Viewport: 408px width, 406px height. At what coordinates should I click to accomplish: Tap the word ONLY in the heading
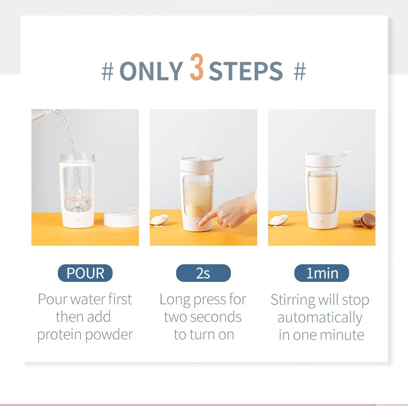tap(151, 71)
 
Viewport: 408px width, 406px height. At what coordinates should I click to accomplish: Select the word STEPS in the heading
tap(246, 71)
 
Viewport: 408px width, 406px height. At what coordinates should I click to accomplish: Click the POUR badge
tap(85, 273)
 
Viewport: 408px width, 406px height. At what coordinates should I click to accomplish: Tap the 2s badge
tap(203, 273)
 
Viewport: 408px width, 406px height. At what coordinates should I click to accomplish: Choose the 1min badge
tap(321, 273)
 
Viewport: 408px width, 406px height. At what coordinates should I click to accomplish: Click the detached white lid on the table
tap(121, 218)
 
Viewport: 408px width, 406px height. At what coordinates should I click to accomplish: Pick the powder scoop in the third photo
tap(278, 220)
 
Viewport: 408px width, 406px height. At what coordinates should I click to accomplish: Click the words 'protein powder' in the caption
tap(85, 335)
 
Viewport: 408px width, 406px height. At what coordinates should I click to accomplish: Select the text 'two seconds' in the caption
tap(203, 317)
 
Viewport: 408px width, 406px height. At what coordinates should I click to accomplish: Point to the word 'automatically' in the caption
tap(320, 317)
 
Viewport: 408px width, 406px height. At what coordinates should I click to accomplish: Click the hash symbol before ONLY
tap(107, 72)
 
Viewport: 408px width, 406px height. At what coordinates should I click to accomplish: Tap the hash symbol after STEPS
tap(300, 72)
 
